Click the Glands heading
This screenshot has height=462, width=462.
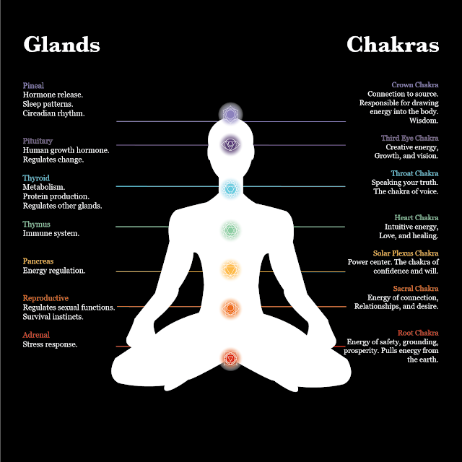pos(61,45)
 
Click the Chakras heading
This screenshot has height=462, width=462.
pos(392,45)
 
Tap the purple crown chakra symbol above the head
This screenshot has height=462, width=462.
pos(230,114)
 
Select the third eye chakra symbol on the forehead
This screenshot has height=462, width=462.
pos(230,145)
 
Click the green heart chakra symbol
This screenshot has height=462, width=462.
pos(230,230)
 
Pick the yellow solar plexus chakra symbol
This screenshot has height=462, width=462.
pos(230,270)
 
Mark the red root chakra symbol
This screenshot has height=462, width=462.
pos(230,357)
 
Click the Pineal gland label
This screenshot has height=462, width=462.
pos(33,86)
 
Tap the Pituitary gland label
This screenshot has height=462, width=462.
pos(38,141)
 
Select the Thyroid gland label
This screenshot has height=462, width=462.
pos(36,178)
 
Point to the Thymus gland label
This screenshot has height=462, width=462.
pos(37,225)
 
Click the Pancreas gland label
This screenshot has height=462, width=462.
pos(38,261)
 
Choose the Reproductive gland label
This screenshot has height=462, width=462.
pos(45,298)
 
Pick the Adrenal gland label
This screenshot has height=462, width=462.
pos(36,335)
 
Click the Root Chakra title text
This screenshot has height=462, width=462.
pos(418,333)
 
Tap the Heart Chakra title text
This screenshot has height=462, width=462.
pos(416,217)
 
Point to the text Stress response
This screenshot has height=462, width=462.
pos(50,344)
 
